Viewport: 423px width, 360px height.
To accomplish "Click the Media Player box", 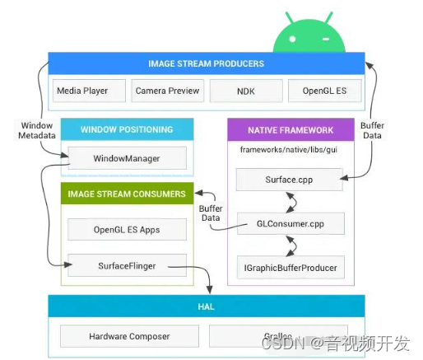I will pyautogui.click(x=89, y=91).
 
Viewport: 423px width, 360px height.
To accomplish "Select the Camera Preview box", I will pyautogui.click(x=167, y=91).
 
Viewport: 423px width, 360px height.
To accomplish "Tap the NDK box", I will pyautogui.click(x=245, y=91).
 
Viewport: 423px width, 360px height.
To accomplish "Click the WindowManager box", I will pyautogui.click(x=127, y=158).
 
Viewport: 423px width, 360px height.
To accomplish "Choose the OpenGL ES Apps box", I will pyautogui.click(x=127, y=229).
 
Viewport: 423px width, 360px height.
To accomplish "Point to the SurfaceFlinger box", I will pyautogui.click(x=127, y=266).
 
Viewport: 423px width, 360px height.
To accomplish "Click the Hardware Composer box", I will pyautogui.click(x=129, y=336).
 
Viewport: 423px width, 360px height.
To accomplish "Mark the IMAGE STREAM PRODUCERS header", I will pyautogui.click(x=206, y=63).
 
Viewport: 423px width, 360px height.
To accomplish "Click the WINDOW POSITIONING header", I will pyautogui.click(x=127, y=129).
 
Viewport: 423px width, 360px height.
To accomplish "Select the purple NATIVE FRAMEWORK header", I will pyautogui.click(x=291, y=129).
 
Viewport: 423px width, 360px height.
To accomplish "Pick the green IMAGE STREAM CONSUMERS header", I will pyautogui.click(x=127, y=194).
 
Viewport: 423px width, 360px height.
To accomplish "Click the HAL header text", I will pyautogui.click(x=206, y=306).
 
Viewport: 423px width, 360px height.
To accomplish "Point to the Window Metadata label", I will pyautogui.click(x=37, y=130).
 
